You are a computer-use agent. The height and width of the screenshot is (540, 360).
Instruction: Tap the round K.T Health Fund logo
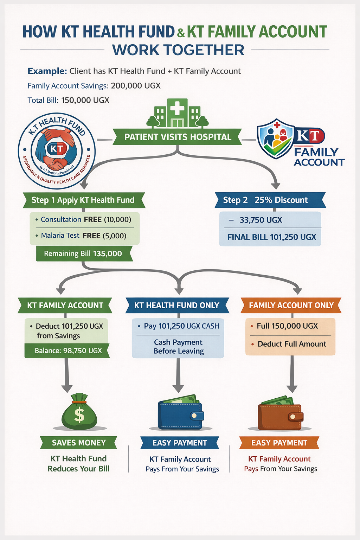click(x=57, y=150)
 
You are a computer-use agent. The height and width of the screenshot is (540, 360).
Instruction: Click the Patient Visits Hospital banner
click(x=178, y=137)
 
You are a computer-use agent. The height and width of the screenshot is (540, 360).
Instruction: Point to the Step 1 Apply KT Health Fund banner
click(x=83, y=200)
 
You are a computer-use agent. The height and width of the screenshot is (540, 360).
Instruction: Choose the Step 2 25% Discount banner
click(x=270, y=200)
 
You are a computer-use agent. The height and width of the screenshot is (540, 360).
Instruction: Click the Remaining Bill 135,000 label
click(x=83, y=253)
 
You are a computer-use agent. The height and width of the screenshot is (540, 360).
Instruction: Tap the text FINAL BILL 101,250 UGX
click(x=271, y=237)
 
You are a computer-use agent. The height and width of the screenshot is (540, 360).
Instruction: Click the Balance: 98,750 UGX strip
click(x=67, y=351)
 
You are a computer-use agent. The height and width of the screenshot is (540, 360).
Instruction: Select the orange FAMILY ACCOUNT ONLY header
click(x=291, y=306)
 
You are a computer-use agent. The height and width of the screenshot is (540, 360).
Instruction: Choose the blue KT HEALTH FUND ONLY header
click(x=177, y=306)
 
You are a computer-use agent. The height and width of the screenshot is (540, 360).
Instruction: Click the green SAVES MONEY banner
click(x=79, y=443)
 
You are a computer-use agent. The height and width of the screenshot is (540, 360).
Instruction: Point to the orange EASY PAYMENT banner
click(x=279, y=443)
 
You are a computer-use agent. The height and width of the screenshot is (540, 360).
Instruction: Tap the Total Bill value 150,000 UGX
click(x=85, y=100)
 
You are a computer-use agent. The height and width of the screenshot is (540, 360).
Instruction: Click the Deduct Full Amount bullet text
click(x=292, y=344)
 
